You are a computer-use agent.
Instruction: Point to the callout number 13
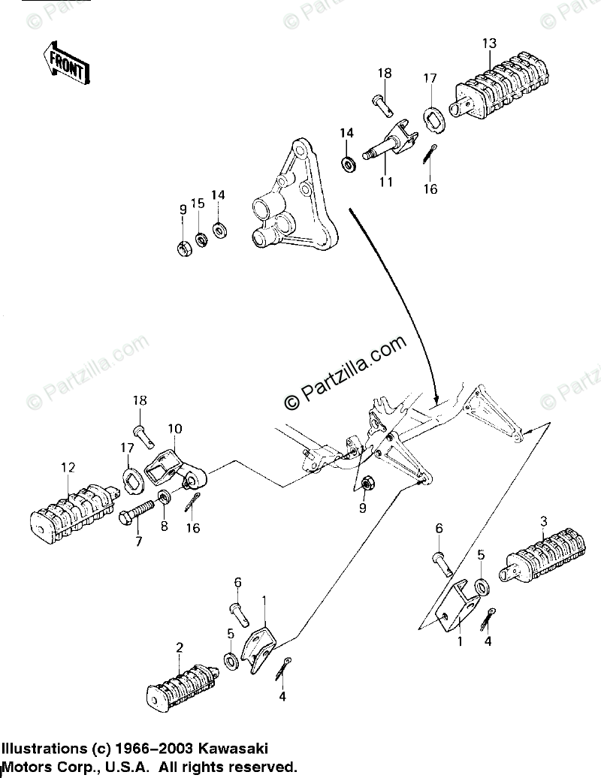tap(489, 44)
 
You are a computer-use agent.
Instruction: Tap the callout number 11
tap(386, 182)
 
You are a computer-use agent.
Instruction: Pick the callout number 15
tap(198, 204)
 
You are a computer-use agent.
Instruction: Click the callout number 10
tap(174, 429)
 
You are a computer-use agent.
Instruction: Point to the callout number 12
tap(68, 468)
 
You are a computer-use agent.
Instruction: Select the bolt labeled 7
tap(137, 517)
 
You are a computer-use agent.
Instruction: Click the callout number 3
tap(543, 522)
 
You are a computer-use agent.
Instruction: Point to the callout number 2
tap(180, 647)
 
